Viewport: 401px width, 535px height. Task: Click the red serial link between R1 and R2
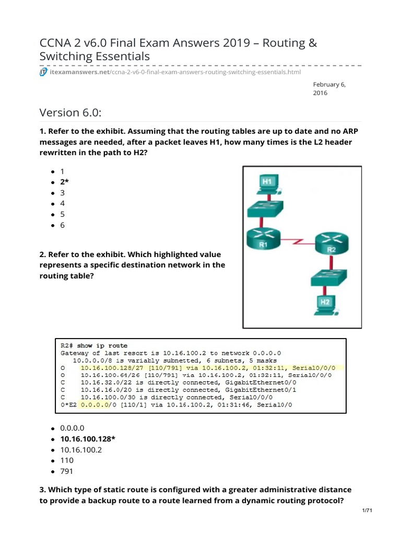pos(299,242)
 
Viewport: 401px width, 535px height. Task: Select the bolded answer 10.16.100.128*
pos(88,438)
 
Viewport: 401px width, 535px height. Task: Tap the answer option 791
pos(67,471)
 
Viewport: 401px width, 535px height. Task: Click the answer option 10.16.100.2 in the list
pos(81,449)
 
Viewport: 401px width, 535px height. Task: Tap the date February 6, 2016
pos(329,88)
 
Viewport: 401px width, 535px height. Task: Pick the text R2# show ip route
pos(95,345)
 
